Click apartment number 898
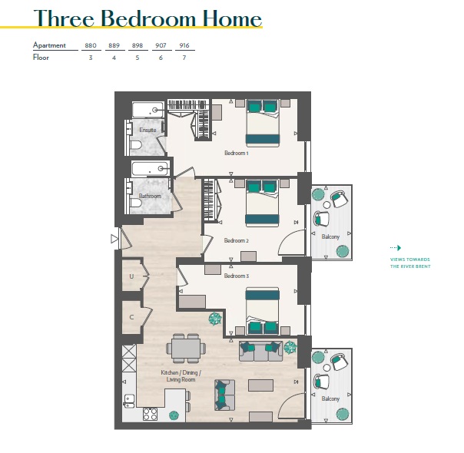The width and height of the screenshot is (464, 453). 138,45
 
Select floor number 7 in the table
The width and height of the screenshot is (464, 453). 184,58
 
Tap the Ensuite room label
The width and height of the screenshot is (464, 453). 147,130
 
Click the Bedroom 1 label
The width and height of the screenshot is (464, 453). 236,153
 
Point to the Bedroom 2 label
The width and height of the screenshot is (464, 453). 236,240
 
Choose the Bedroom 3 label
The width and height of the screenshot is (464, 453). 236,276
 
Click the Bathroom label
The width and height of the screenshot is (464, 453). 150,196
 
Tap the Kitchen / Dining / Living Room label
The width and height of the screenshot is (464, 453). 181,375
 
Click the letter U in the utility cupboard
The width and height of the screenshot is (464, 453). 131,276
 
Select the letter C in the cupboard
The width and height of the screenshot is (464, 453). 131,317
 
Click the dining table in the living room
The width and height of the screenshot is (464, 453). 186,349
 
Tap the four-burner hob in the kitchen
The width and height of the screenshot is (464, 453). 150,414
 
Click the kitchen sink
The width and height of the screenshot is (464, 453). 129,401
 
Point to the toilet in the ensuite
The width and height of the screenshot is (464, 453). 136,146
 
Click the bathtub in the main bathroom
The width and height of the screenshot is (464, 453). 151,169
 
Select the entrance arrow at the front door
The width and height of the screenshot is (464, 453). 114,239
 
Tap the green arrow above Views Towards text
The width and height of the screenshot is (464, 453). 396,248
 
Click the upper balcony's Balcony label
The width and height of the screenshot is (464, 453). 330,236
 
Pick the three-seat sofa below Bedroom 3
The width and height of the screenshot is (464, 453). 260,352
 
